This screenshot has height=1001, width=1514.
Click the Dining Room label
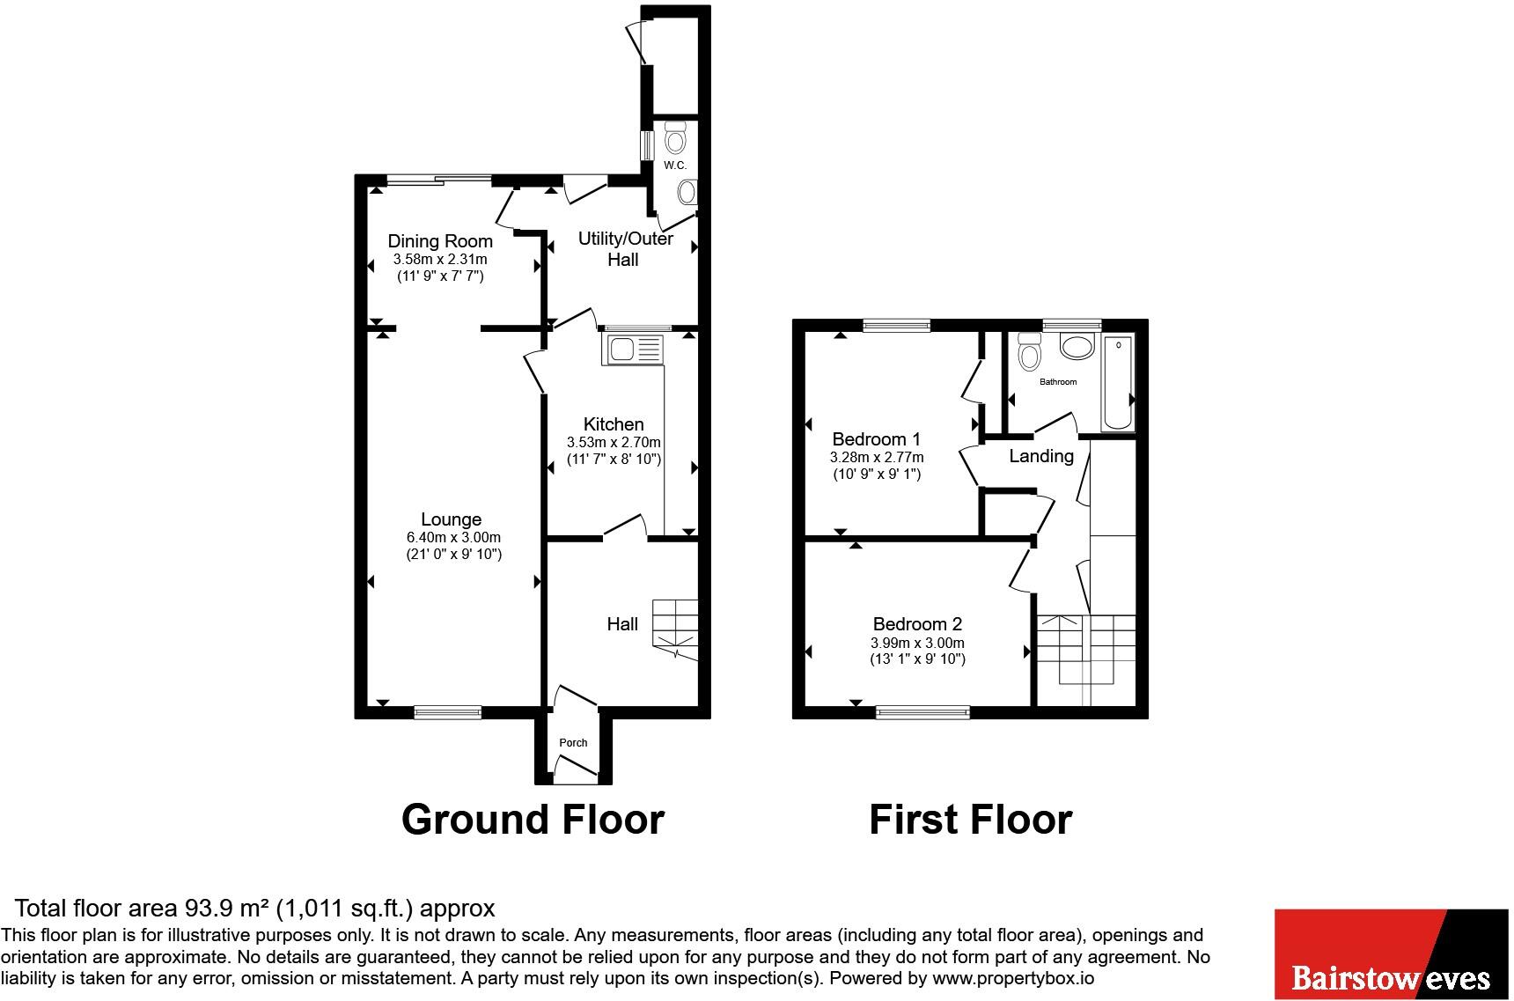(440, 241)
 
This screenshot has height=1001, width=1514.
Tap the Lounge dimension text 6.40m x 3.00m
(453, 538)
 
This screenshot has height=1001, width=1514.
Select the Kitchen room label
(614, 424)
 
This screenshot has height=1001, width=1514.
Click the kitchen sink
(633, 350)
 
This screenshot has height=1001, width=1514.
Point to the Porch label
(573, 743)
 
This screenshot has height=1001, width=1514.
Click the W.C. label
(675, 166)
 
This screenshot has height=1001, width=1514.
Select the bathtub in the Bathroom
(1118, 382)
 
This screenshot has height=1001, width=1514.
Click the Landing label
(1041, 456)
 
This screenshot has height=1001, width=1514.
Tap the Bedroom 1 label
(877, 439)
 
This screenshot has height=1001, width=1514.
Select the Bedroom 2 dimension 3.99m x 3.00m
(917, 644)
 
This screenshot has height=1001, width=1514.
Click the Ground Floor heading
(533, 820)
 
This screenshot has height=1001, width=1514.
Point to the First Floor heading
(970, 820)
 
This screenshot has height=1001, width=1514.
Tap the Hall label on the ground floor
(622, 624)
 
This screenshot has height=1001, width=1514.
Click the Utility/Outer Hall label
(625, 249)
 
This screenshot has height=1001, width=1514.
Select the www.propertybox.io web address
(1013, 978)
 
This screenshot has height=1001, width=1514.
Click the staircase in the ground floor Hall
(675, 629)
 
